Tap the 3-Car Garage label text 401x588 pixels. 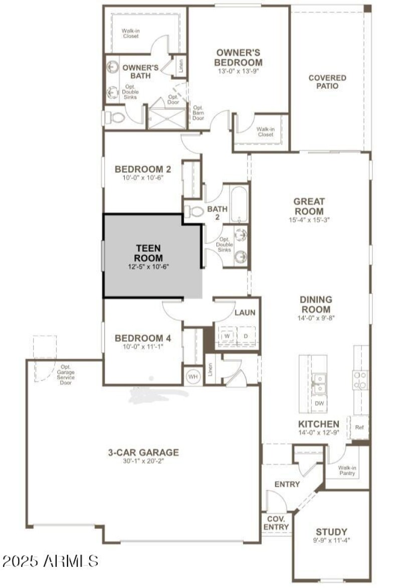143,453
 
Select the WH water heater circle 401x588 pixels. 192,376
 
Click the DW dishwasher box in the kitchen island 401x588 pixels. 319,402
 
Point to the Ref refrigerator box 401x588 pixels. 359,427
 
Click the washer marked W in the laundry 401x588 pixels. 227,336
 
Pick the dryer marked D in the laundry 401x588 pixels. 246,336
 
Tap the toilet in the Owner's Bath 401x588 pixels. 115,118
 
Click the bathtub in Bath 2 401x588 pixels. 239,204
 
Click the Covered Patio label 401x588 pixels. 327,82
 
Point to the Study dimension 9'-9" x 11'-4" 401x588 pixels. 331,540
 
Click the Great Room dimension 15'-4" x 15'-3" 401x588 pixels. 309,219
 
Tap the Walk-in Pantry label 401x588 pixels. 347,470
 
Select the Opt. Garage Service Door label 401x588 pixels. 66,375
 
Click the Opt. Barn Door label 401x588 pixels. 198,113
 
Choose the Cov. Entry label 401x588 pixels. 276,523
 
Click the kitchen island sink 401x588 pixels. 318,382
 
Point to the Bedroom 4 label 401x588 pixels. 143,338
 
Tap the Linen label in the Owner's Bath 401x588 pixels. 181,66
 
